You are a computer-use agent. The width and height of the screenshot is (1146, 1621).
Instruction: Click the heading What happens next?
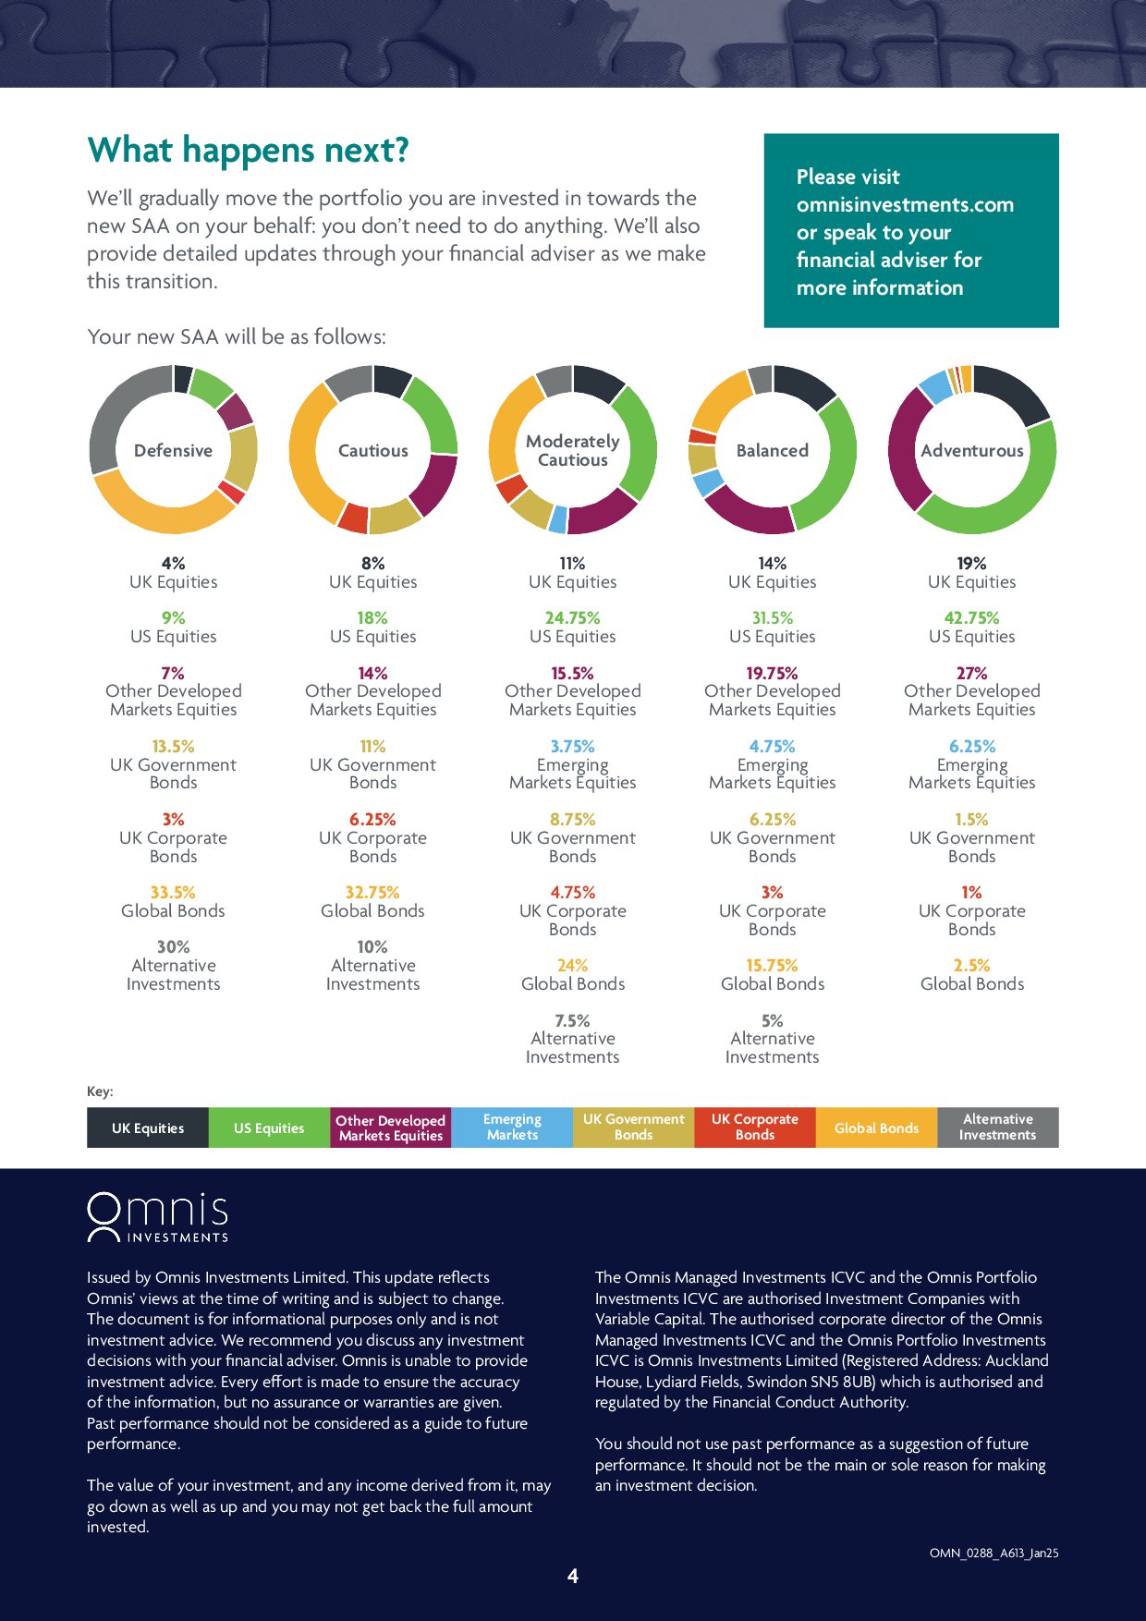pyautogui.click(x=248, y=150)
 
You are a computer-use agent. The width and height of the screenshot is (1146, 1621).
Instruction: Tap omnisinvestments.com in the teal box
pyautogui.click(x=905, y=204)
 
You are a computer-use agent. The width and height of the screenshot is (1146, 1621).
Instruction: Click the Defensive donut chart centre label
pyautogui.click(x=173, y=451)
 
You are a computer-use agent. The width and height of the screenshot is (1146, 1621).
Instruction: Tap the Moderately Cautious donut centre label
pyautogui.click(x=572, y=451)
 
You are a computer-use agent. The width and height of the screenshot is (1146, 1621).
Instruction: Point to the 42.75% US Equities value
pyautogui.click(x=971, y=617)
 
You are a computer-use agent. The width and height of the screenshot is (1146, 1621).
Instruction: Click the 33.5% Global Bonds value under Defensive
pyautogui.click(x=173, y=892)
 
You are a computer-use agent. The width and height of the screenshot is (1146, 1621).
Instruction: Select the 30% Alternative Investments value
pyautogui.click(x=173, y=946)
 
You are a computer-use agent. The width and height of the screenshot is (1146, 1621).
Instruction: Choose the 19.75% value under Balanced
pyautogui.click(x=772, y=673)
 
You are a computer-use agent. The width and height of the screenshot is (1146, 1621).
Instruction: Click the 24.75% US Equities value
pyautogui.click(x=572, y=617)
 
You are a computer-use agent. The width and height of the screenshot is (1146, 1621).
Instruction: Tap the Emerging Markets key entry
pyautogui.click(x=512, y=1127)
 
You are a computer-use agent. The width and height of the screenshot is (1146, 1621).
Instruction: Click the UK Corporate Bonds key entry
pyautogui.click(x=754, y=1127)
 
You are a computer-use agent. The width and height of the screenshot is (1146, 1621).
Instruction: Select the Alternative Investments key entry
pyautogui.click(x=997, y=1127)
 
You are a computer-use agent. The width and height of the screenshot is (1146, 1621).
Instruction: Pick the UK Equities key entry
pyautogui.click(x=148, y=1127)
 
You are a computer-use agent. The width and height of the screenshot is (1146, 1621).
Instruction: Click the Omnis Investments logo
pyautogui.click(x=157, y=1217)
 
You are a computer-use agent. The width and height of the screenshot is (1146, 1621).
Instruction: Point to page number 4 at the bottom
pyautogui.click(x=572, y=1576)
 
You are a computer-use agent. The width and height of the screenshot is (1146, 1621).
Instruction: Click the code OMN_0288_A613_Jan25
pyautogui.click(x=994, y=1553)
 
